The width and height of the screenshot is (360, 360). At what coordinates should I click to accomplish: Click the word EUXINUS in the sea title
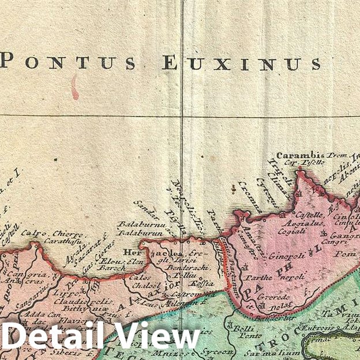coord(241,63)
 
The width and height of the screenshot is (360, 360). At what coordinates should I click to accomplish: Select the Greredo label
coord(282,297)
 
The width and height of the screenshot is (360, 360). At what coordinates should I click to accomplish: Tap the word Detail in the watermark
coord(51,336)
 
